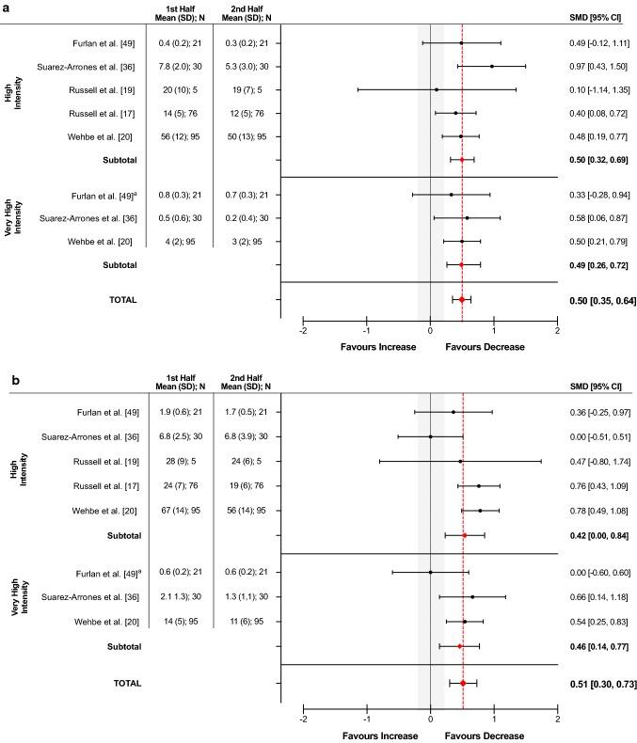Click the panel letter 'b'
click(x=6, y=383)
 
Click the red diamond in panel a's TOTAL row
click(x=462, y=300)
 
